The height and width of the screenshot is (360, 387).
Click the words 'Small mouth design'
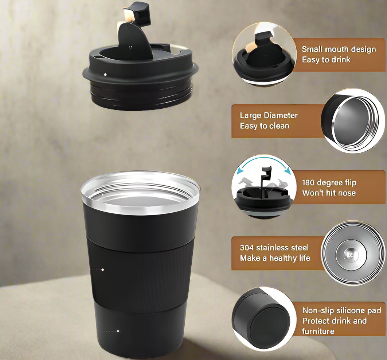click(339, 49)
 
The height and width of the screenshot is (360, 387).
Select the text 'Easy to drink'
click(326, 60)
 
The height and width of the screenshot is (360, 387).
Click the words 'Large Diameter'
click(269, 116)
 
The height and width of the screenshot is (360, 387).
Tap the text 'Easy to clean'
click(264, 126)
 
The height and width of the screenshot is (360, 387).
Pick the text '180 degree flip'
click(329, 182)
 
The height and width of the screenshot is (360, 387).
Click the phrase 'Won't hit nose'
click(329, 193)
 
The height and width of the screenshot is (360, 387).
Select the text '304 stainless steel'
click(274, 248)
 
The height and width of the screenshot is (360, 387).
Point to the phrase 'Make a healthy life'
click(275, 258)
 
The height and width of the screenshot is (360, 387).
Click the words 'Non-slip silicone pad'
click(341, 310)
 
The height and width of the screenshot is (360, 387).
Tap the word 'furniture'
click(318, 332)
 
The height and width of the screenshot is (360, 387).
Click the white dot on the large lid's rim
click(105, 74)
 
